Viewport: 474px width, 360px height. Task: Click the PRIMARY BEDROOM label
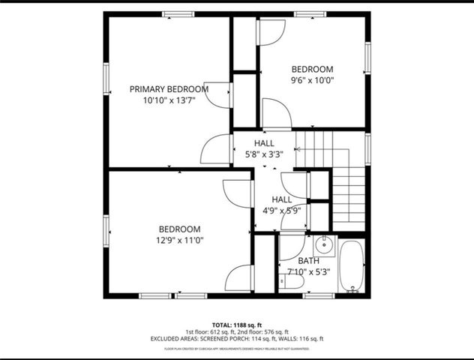169,88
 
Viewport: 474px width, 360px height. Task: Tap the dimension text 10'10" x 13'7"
169,100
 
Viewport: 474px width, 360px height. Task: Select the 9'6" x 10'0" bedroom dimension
312,80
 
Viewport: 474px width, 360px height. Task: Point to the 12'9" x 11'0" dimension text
179,241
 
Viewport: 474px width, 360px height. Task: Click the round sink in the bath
324,244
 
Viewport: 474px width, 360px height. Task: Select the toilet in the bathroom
292,282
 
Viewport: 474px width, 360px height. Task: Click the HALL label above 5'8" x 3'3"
264,143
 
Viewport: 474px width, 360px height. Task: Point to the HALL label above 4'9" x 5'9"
281,199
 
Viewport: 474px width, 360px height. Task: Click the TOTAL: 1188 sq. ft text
237,323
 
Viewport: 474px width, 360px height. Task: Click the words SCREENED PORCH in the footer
224,339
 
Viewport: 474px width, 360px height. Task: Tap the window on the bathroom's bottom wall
319,295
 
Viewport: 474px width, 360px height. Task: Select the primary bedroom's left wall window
106,78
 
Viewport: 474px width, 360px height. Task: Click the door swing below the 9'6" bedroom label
276,115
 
